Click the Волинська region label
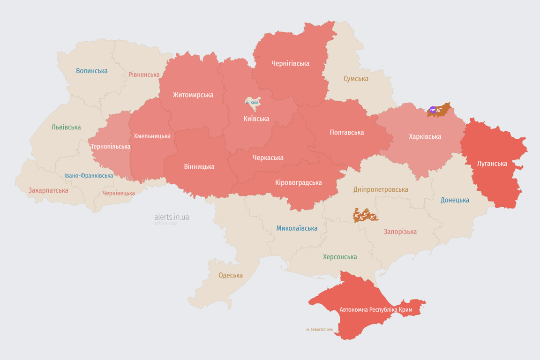click(92, 71)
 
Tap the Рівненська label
click(144, 75)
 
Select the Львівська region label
click(66, 127)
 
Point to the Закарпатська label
click(48, 190)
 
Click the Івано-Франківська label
click(89, 176)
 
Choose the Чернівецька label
click(119, 193)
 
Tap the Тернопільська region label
click(111, 146)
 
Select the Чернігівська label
click(290, 63)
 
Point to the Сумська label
click(356, 79)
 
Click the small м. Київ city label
click(252, 102)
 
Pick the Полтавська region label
click(347, 132)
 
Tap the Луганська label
click(492, 164)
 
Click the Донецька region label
click(455, 200)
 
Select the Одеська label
click(231, 275)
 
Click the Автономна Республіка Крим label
click(376, 310)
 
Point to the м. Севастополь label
click(319, 330)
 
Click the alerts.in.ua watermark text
click(172, 217)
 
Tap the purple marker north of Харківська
click(433, 110)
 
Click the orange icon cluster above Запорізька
click(365, 216)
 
